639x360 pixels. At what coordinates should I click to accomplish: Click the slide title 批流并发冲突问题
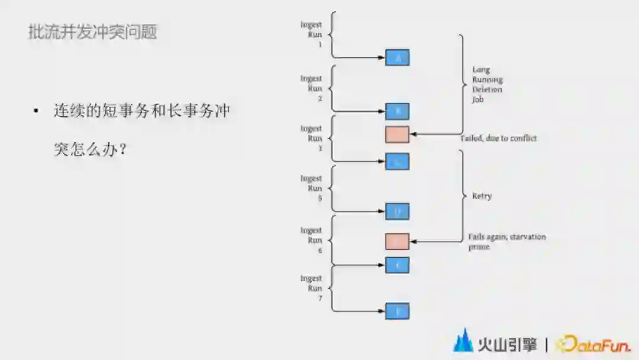click(92, 32)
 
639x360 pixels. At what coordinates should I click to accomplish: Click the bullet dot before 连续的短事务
click(36, 111)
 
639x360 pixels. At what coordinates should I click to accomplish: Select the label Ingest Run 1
click(311, 34)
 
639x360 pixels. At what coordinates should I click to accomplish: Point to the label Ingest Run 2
click(311, 88)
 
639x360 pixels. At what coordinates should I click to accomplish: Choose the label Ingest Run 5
click(311, 188)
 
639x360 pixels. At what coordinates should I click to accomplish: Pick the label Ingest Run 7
click(311, 288)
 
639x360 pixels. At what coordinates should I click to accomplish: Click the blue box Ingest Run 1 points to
click(397, 57)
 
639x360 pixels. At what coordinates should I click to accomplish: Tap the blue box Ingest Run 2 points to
click(397, 111)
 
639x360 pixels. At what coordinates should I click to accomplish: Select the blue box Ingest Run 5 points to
click(397, 211)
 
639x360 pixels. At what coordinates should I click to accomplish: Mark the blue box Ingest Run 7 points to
click(397, 311)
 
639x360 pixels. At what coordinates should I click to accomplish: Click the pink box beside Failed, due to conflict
click(397, 134)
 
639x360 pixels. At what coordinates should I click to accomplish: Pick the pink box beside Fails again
click(397, 242)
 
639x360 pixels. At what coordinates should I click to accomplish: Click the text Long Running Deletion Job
click(487, 85)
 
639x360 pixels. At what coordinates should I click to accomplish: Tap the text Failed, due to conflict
click(498, 139)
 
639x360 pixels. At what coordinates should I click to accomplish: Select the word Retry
click(482, 196)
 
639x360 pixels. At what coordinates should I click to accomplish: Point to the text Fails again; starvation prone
click(506, 242)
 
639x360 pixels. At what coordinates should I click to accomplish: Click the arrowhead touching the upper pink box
click(413, 134)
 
